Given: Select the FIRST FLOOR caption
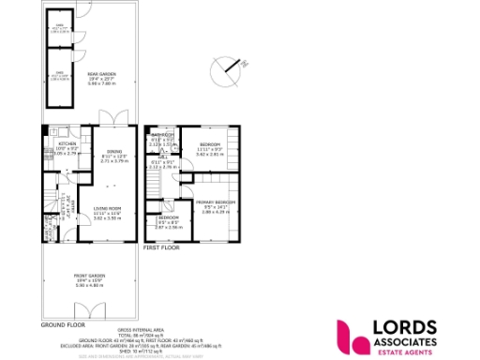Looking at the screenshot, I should (x=160, y=247).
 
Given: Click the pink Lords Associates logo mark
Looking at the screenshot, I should (x=353, y=335).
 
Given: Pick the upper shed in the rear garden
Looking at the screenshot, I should (x=58, y=30).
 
